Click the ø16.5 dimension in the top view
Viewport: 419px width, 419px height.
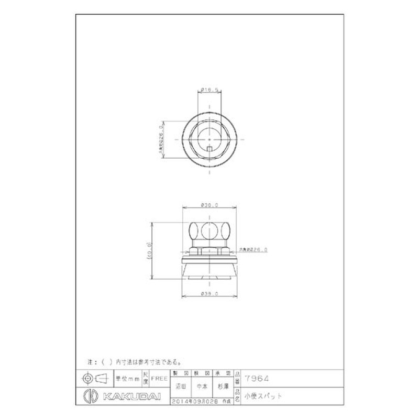click(208, 90)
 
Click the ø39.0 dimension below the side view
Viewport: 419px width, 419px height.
click(208, 295)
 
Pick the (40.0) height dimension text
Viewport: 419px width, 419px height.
click(149, 251)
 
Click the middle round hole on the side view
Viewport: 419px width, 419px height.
click(208, 231)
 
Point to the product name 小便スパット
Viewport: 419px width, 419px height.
click(264, 396)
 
